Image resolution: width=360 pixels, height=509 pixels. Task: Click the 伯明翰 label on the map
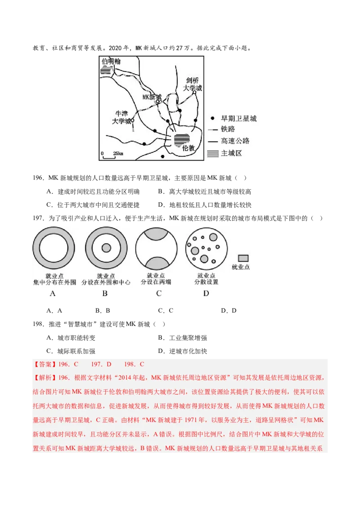110,61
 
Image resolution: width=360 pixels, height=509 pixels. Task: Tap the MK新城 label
152,97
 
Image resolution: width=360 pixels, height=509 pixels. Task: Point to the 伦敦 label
189,147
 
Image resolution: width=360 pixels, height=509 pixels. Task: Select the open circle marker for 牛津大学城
132,120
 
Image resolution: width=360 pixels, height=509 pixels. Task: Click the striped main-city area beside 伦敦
182,139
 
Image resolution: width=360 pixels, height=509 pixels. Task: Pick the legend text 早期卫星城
238,119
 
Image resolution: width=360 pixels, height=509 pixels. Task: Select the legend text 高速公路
235,141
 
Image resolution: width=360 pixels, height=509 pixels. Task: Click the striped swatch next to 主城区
212,153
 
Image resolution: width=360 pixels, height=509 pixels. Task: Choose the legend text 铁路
228,129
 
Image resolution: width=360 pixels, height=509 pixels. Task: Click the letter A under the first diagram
53,293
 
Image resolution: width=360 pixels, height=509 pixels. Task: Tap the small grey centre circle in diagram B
106,248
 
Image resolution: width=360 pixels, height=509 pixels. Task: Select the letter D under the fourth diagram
206,293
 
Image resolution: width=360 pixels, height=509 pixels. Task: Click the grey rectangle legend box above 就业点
243,258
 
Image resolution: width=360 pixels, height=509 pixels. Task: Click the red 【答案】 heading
45,364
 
